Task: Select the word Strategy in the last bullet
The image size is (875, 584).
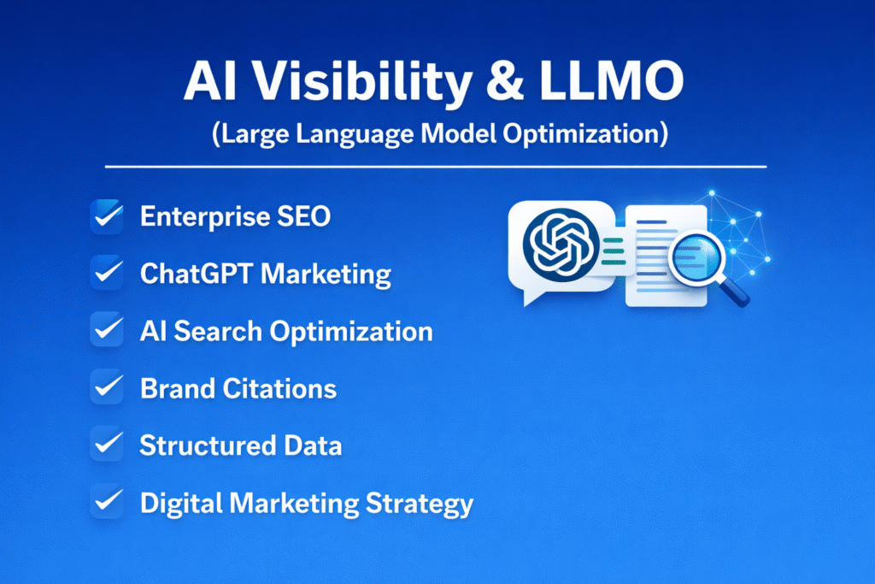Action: click(x=420, y=504)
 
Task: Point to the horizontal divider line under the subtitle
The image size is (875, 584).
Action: click(x=436, y=166)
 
